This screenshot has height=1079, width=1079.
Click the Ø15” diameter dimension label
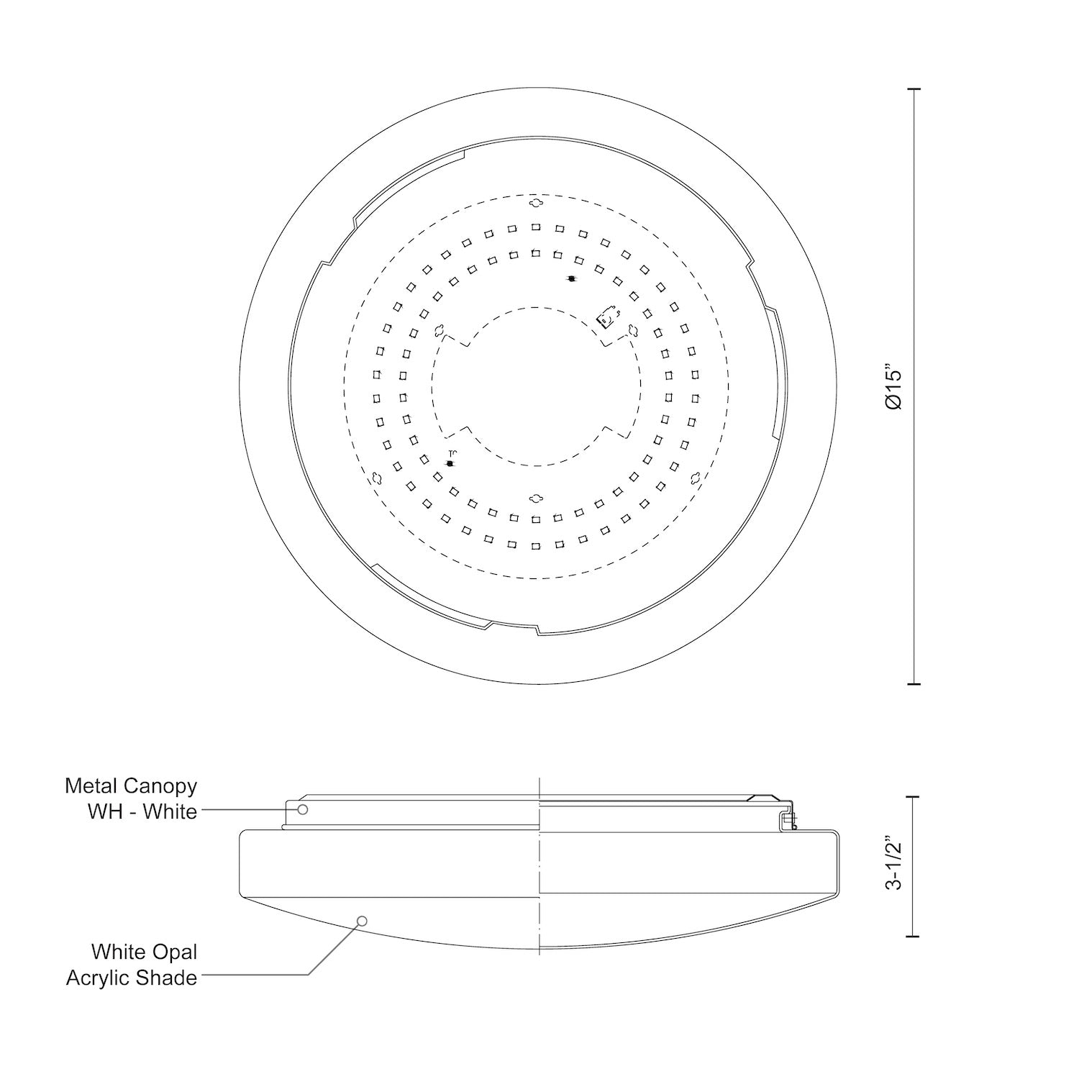pyautogui.click(x=894, y=389)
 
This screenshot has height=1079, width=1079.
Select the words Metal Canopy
pyautogui.click(x=131, y=786)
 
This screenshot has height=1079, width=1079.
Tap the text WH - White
pyautogui.click(x=142, y=811)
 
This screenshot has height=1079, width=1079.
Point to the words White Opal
pyautogui.click(x=144, y=952)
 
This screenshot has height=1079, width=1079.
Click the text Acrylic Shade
pyautogui.click(x=132, y=978)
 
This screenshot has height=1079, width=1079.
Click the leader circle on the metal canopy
pyautogui.click(x=303, y=810)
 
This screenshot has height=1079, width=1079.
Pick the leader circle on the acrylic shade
pyautogui.click(x=363, y=921)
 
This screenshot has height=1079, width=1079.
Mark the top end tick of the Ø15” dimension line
pyautogui.click(x=914, y=89)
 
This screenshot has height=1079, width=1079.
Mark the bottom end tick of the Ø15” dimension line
pyautogui.click(x=914, y=683)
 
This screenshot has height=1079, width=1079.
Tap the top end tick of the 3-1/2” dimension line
pyautogui.click(x=914, y=797)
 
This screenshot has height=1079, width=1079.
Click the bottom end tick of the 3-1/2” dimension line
pyautogui.click(x=914, y=936)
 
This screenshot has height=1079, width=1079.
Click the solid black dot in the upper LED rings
pyautogui.click(x=571, y=278)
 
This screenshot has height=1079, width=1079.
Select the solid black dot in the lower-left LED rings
pyautogui.click(x=450, y=463)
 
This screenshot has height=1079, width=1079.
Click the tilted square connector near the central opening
pyautogui.click(x=609, y=317)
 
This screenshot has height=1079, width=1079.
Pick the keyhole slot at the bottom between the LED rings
pyautogui.click(x=535, y=498)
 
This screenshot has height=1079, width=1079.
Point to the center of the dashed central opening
pyautogui.click(x=535, y=386)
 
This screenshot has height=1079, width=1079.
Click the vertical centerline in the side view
pyautogui.click(x=539, y=863)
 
